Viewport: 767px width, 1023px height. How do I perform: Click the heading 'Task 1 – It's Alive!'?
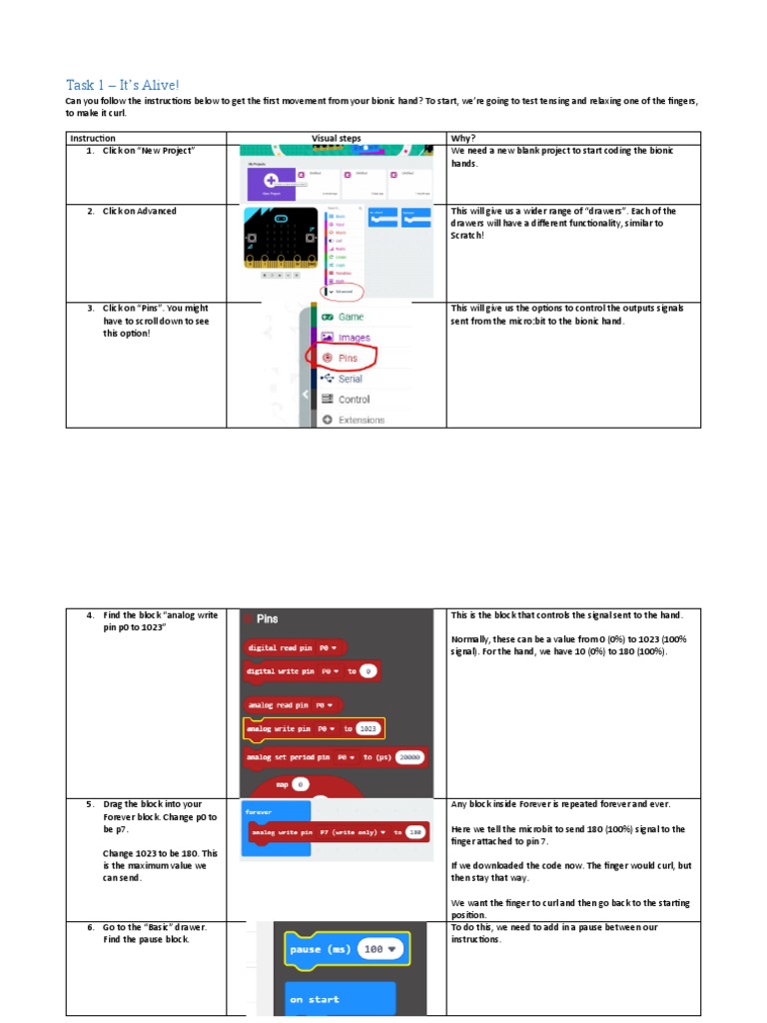tap(123, 85)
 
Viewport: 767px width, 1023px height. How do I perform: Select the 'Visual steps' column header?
tap(336, 138)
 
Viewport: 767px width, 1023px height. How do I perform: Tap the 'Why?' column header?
tap(462, 138)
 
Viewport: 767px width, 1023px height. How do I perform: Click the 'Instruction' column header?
tap(93, 138)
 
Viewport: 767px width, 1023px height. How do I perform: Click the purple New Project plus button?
tap(271, 181)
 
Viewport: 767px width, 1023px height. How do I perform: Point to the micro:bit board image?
tap(281, 239)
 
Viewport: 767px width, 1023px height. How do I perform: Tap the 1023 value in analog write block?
tap(369, 729)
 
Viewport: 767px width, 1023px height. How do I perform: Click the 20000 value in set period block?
tap(410, 757)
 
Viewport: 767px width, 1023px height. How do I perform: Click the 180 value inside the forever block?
tap(416, 831)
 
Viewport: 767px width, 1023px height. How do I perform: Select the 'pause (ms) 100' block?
tap(346, 949)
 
